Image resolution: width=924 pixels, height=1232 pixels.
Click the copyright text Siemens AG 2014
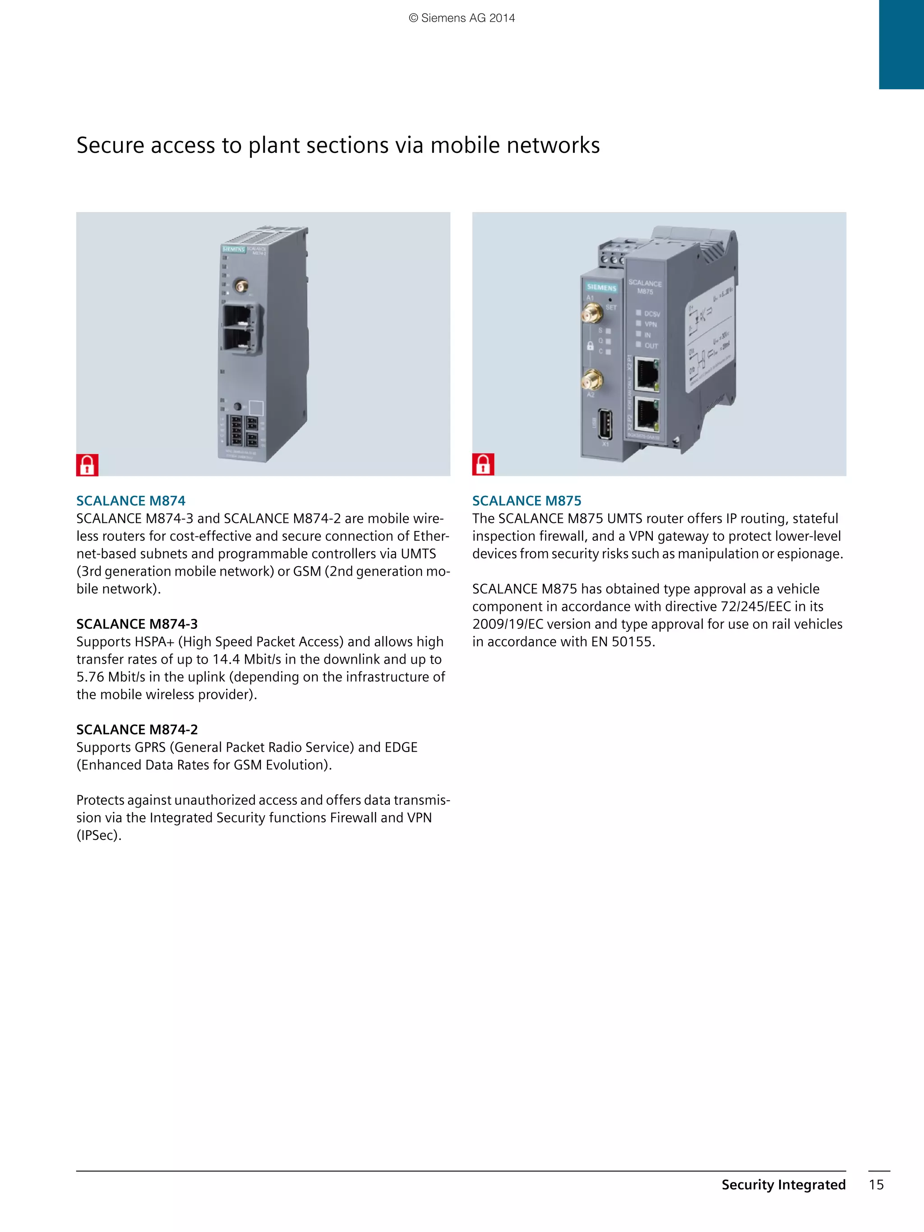pos(462,18)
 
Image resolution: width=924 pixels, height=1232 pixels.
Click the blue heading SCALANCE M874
pos(131,501)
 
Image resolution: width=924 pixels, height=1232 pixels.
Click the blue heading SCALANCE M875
pos(527,501)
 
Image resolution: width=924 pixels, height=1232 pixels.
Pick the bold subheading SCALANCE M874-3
pos(137,624)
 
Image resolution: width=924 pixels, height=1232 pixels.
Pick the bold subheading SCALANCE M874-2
pos(137,729)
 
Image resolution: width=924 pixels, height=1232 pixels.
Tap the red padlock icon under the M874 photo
pos(88,465)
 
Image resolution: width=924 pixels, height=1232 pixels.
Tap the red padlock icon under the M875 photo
pos(483,465)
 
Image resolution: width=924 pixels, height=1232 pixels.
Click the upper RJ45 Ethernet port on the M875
pos(647,374)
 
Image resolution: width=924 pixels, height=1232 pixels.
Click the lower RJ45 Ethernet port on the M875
pos(647,416)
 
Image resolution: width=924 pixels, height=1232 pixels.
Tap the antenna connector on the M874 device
pos(241,286)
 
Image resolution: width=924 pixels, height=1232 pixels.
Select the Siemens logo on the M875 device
pos(601,287)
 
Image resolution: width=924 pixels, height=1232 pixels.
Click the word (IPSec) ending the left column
pos(99,835)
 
